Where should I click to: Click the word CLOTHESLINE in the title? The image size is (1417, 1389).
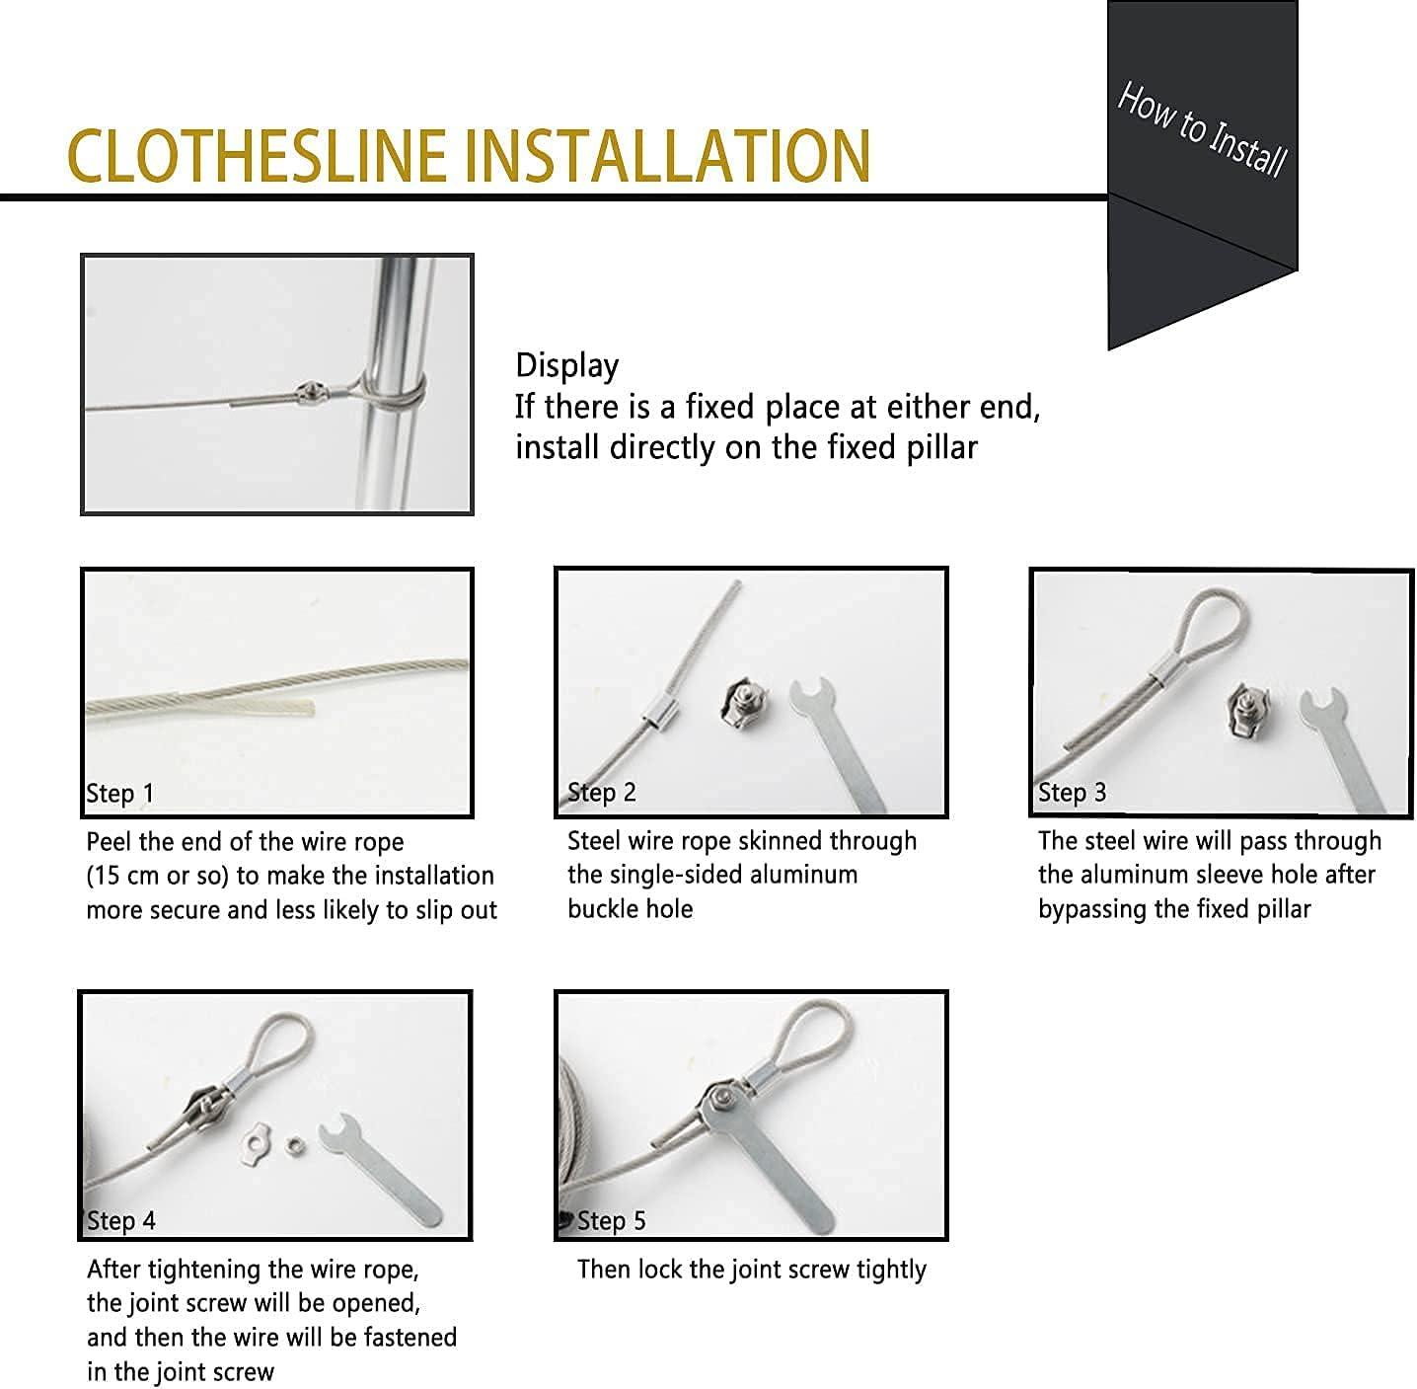click(257, 155)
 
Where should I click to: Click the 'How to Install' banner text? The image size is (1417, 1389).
click(1202, 129)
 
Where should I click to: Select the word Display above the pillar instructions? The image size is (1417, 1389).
click(566, 365)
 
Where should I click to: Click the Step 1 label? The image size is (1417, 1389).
click(120, 794)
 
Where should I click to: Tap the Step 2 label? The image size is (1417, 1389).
click(602, 793)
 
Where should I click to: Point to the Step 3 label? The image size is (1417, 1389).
click(1072, 793)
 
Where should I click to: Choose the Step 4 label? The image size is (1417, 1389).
click(121, 1221)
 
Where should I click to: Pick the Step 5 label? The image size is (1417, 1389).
click(611, 1221)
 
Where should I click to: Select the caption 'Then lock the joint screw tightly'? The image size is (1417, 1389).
click(751, 1270)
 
